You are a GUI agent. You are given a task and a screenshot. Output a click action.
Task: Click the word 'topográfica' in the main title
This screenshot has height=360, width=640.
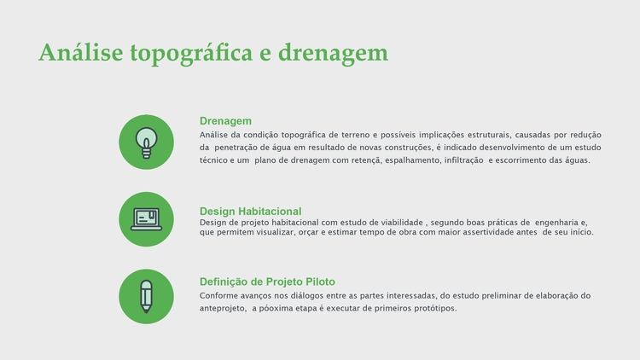tap(191, 54)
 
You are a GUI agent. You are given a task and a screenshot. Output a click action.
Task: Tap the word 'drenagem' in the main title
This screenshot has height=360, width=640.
tap(333, 54)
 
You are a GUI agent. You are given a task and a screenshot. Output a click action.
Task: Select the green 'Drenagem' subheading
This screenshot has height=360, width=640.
tap(225, 121)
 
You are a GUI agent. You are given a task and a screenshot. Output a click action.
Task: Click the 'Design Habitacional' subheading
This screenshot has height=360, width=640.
tap(250, 212)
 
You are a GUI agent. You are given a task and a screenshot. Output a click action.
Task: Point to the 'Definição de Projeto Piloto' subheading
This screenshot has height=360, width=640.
tap(267, 282)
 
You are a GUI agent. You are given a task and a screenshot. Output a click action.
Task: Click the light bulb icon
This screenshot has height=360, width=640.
tap(146, 142)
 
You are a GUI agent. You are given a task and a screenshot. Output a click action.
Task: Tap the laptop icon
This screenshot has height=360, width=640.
tap(146, 219)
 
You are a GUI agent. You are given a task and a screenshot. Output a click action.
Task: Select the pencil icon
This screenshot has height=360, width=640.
tap(146, 297)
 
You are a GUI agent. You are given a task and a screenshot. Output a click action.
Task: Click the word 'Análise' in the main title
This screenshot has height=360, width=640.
tap(81, 53)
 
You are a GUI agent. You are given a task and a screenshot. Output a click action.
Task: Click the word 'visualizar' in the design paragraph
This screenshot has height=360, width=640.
tap(275, 232)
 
